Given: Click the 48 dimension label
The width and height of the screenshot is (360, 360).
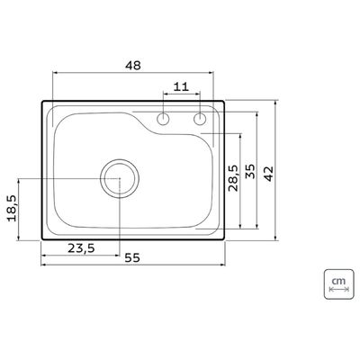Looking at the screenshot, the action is point(133,66).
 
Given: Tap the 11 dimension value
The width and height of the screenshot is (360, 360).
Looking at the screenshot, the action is point(181,86).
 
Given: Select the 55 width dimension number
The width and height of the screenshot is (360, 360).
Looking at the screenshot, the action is point(132,257).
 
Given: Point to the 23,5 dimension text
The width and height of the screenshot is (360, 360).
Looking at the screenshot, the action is point(81,248).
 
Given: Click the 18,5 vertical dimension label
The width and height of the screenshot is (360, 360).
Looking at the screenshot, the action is point(13,208).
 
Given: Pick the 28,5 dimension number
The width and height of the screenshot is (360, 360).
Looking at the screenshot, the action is point(234,178).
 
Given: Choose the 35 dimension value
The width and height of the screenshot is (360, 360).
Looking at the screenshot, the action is point(250,171).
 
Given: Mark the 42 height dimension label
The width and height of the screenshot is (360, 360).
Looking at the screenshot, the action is point(268,174).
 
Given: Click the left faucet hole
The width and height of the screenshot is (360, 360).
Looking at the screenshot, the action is point(164,119).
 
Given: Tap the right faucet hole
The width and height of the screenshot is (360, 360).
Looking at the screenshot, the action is point(200,119).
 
